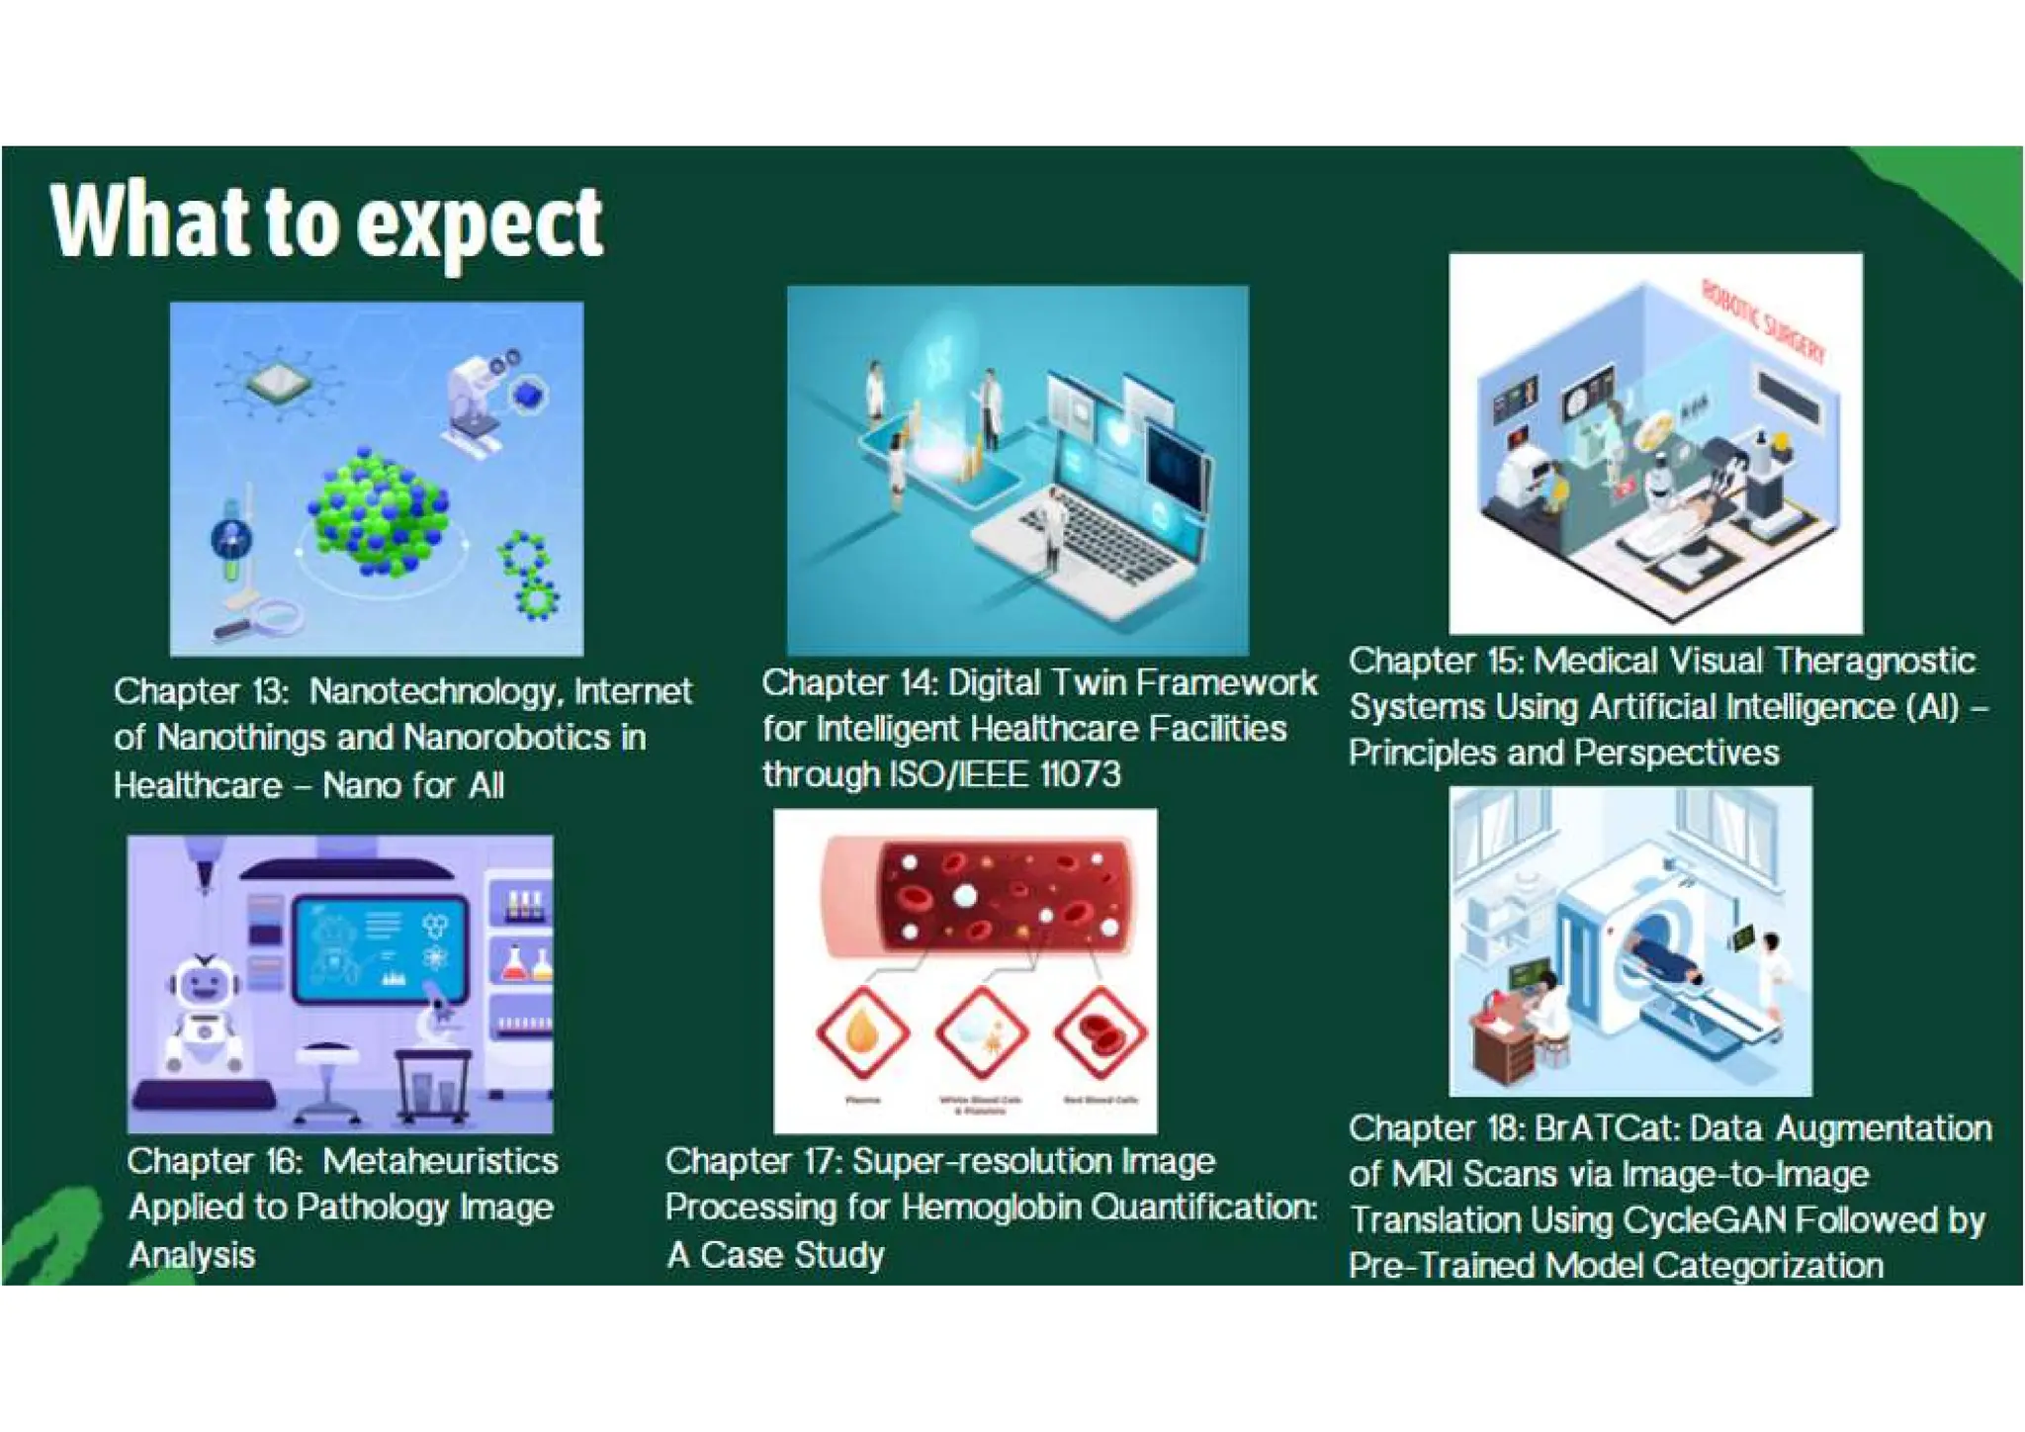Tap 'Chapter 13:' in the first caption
[201, 691]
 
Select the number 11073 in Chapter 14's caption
[1080, 774]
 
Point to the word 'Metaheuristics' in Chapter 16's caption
[441, 1161]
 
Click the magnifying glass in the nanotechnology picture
[269, 617]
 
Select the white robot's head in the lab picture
[205, 981]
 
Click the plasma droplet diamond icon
[862, 1032]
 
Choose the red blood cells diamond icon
[1100, 1032]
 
